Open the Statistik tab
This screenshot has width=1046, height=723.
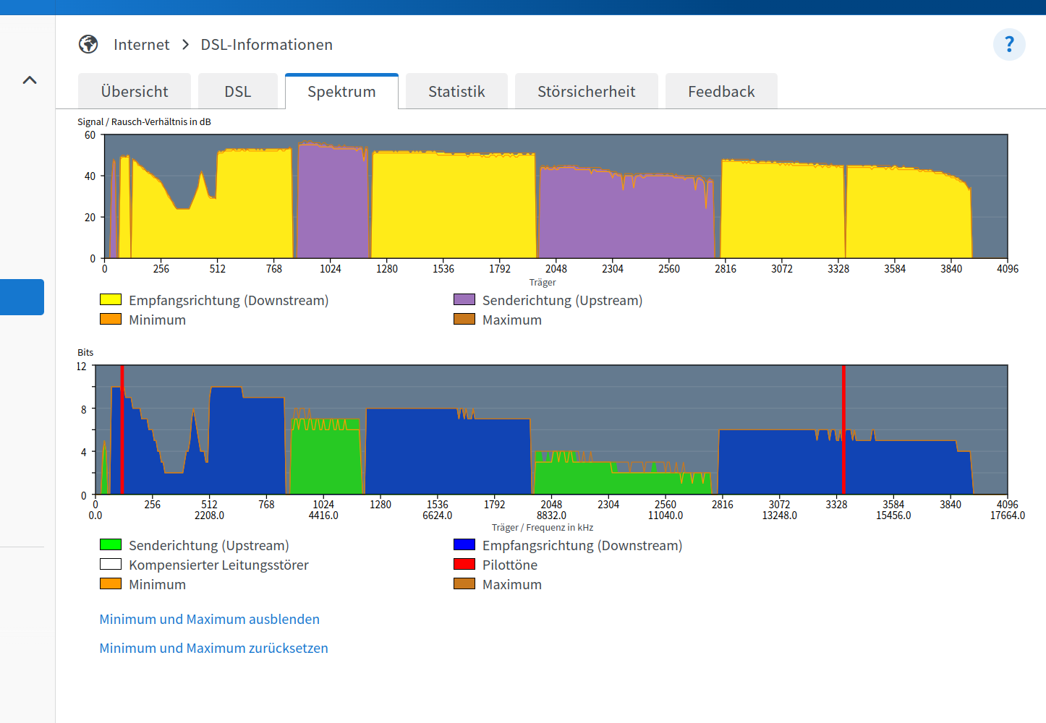coord(456,92)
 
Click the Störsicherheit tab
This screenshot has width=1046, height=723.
coord(586,92)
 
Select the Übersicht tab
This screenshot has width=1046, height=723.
coord(135,92)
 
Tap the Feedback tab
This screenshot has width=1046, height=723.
coord(721,92)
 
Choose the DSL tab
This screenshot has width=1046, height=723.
coord(238,92)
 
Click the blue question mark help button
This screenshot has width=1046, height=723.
coord(1009,45)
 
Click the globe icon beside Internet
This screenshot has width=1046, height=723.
coord(88,44)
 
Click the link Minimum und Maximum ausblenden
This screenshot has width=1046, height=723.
coord(210,619)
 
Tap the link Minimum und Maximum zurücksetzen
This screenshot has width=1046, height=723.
coord(214,648)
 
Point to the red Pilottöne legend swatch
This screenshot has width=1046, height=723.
coord(464,565)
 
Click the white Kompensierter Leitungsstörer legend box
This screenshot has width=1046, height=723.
coord(111,565)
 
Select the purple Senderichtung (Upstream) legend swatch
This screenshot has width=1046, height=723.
coord(464,299)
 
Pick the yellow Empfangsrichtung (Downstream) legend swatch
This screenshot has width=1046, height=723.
coord(111,299)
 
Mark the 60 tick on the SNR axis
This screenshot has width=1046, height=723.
coord(90,135)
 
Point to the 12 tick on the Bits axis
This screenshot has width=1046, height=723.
coord(81,367)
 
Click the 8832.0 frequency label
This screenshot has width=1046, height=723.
coord(551,515)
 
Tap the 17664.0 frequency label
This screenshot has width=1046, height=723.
coord(1008,515)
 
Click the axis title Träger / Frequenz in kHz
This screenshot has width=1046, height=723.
coord(542,528)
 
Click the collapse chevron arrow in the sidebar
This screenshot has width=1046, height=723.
coord(30,80)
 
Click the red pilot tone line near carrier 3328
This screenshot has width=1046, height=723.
coord(843,429)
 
